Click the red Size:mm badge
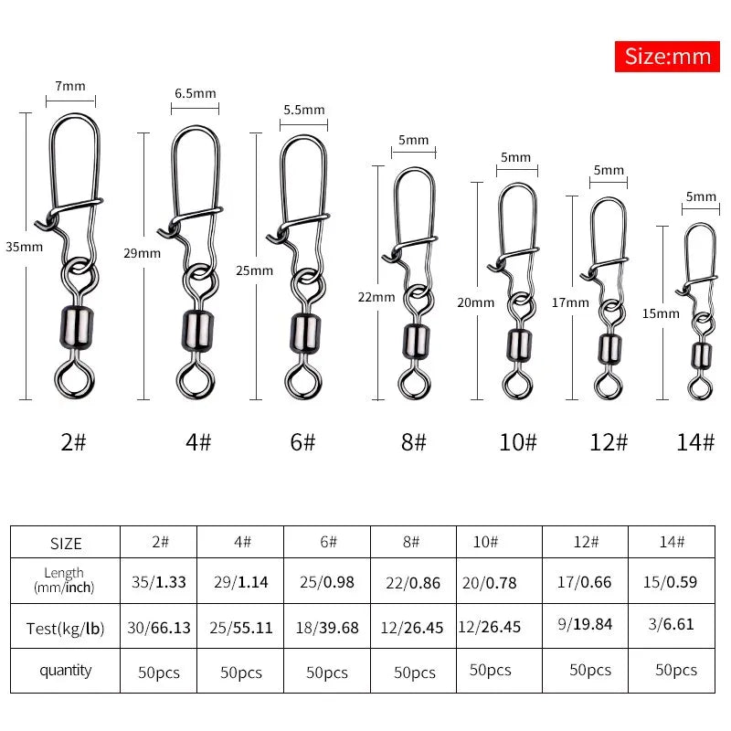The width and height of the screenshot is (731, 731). [x=668, y=57]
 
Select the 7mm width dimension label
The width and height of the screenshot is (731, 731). [x=70, y=87]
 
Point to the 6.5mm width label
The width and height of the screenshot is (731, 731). [x=195, y=93]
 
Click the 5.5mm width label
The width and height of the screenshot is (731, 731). [x=303, y=110]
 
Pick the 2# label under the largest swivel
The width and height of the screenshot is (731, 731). [x=73, y=442]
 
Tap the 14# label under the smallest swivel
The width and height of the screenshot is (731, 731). [x=696, y=442]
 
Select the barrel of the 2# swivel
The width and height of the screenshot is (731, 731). [x=72, y=326]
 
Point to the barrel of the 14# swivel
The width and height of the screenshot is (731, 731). [x=700, y=355]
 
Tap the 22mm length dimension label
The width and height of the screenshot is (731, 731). [x=376, y=297]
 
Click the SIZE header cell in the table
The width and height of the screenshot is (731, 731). [x=65, y=543]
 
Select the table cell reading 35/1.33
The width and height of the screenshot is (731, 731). [x=158, y=582]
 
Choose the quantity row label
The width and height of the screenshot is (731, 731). [x=65, y=671]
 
